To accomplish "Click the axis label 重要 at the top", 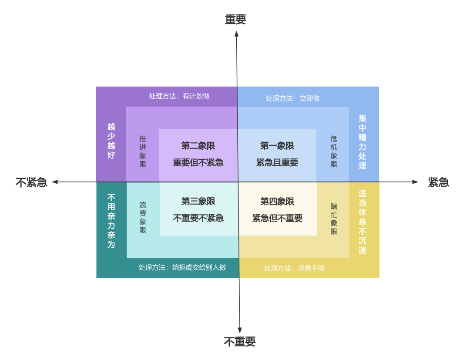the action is [x=235, y=20].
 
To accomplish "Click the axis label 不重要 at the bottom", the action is [x=240, y=342].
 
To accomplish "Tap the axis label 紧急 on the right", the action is [x=438, y=182].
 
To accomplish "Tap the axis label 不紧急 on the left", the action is [x=31, y=182].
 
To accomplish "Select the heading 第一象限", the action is [x=277, y=146].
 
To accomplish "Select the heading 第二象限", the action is [x=198, y=146].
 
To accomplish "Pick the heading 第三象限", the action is [x=198, y=201].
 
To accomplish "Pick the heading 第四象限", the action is [x=277, y=201].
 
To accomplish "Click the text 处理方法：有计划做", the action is [x=179, y=96].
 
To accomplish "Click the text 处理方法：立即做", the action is [x=292, y=98].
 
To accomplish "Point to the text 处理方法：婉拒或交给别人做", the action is [x=182, y=267].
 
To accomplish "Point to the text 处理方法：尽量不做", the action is [x=294, y=268].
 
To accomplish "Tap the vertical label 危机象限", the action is [x=334, y=151].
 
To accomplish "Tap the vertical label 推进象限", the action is [x=143, y=151].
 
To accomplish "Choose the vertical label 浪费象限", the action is [x=143, y=217].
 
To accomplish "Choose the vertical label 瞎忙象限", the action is [x=334, y=219].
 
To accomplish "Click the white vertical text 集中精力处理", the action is [x=363, y=142].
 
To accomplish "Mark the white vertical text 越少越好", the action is [x=111, y=141].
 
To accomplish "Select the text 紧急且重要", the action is [x=277, y=163].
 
